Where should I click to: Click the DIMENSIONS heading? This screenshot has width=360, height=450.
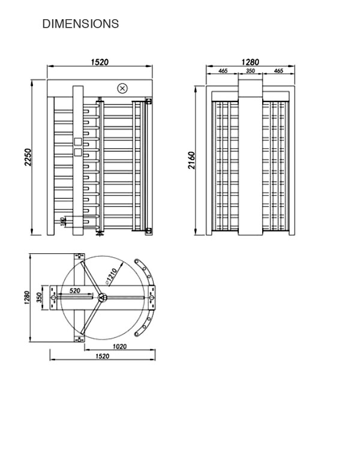pos(80,24)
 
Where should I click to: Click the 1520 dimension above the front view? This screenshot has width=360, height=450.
pos(100,62)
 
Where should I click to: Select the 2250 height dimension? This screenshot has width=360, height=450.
pos(28,158)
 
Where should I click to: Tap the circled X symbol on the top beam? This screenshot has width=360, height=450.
pos(122,88)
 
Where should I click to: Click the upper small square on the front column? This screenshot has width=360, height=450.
pos(77,142)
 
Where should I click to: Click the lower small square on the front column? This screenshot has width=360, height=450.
pos(77,152)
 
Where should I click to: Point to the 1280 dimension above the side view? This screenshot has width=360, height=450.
pos(250,62)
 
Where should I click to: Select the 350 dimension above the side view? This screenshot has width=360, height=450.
pos(250,71)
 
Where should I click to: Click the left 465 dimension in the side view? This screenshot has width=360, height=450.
pos(223,71)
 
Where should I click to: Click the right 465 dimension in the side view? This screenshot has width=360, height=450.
pos(278,71)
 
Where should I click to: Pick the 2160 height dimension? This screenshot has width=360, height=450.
pos(191,160)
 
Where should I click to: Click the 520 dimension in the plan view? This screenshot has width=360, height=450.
pos(75,290)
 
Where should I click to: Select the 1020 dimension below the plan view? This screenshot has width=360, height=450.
pos(120,346)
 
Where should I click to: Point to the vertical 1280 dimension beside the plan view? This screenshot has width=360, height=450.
pos(28,298)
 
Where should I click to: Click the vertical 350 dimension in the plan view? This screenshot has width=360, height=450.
pos(39,298)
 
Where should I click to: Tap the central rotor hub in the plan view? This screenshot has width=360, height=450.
pos(102,297)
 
